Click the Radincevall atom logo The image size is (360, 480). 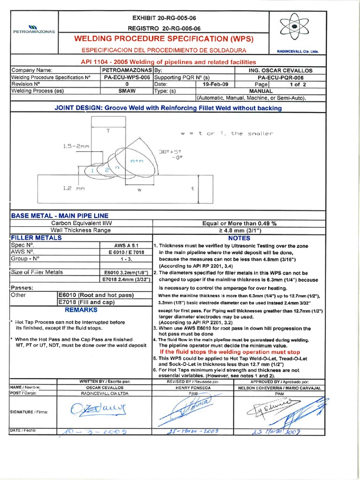click(294, 28)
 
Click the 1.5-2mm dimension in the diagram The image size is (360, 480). click(76, 146)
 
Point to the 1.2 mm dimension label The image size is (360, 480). click(75, 188)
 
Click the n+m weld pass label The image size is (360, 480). click(136, 161)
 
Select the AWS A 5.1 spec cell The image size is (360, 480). click(125, 245)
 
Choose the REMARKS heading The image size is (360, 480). click(80, 310)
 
